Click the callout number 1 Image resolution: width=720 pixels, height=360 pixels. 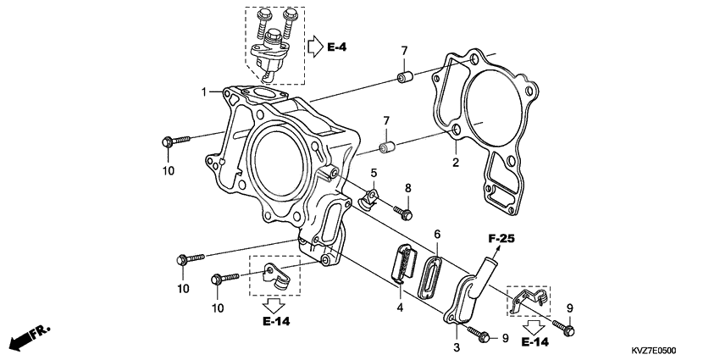point(204,91)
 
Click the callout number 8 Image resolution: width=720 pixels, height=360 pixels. point(407,187)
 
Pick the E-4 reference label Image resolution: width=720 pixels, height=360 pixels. point(337,47)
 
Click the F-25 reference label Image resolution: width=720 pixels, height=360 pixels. point(501,239)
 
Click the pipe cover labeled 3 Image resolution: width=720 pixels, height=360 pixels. point(469,292)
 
